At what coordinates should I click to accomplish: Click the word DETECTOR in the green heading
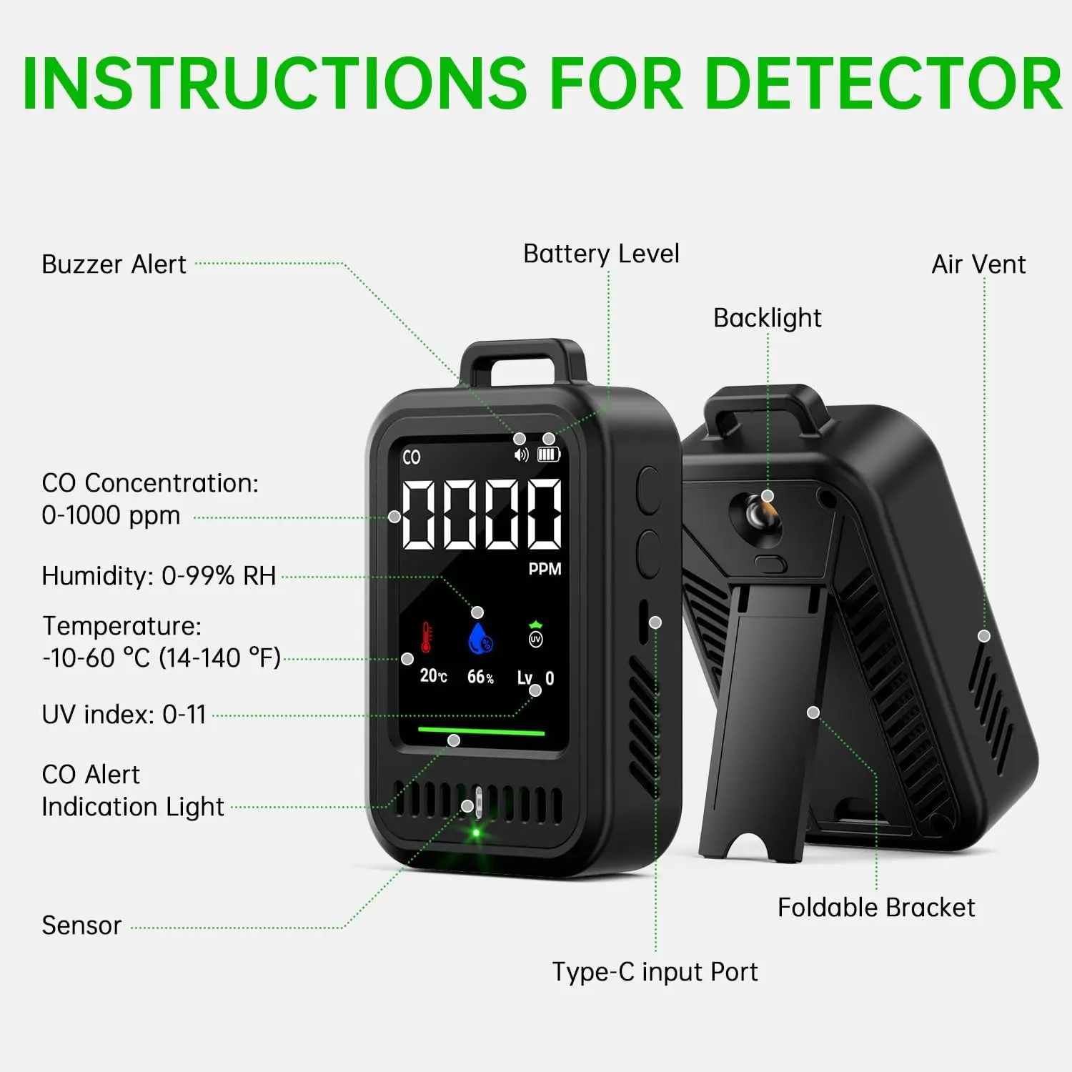point(883,84)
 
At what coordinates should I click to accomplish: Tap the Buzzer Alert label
point(114,264)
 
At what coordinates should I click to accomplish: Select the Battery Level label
point(601,254)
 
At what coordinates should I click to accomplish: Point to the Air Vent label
point(978,264)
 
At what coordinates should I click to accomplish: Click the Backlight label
point(768,318)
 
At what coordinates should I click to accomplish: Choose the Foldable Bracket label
point(876,908)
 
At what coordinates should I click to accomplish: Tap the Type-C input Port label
point(655,972)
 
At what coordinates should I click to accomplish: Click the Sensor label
point(81,925)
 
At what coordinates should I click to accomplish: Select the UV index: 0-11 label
point(124,715)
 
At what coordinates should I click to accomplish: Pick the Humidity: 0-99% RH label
point(159,576)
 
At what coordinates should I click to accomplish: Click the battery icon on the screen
point(549,455)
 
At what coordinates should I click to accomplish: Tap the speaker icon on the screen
point(522,455)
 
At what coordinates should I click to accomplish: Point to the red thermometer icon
point(426,637)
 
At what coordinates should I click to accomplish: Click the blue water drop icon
point(480,639)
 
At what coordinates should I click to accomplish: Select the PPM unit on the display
point(545,569)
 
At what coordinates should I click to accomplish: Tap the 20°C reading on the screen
point(433,676)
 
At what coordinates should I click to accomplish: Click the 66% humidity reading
point(480,677)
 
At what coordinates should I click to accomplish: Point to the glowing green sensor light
point(476,833)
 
